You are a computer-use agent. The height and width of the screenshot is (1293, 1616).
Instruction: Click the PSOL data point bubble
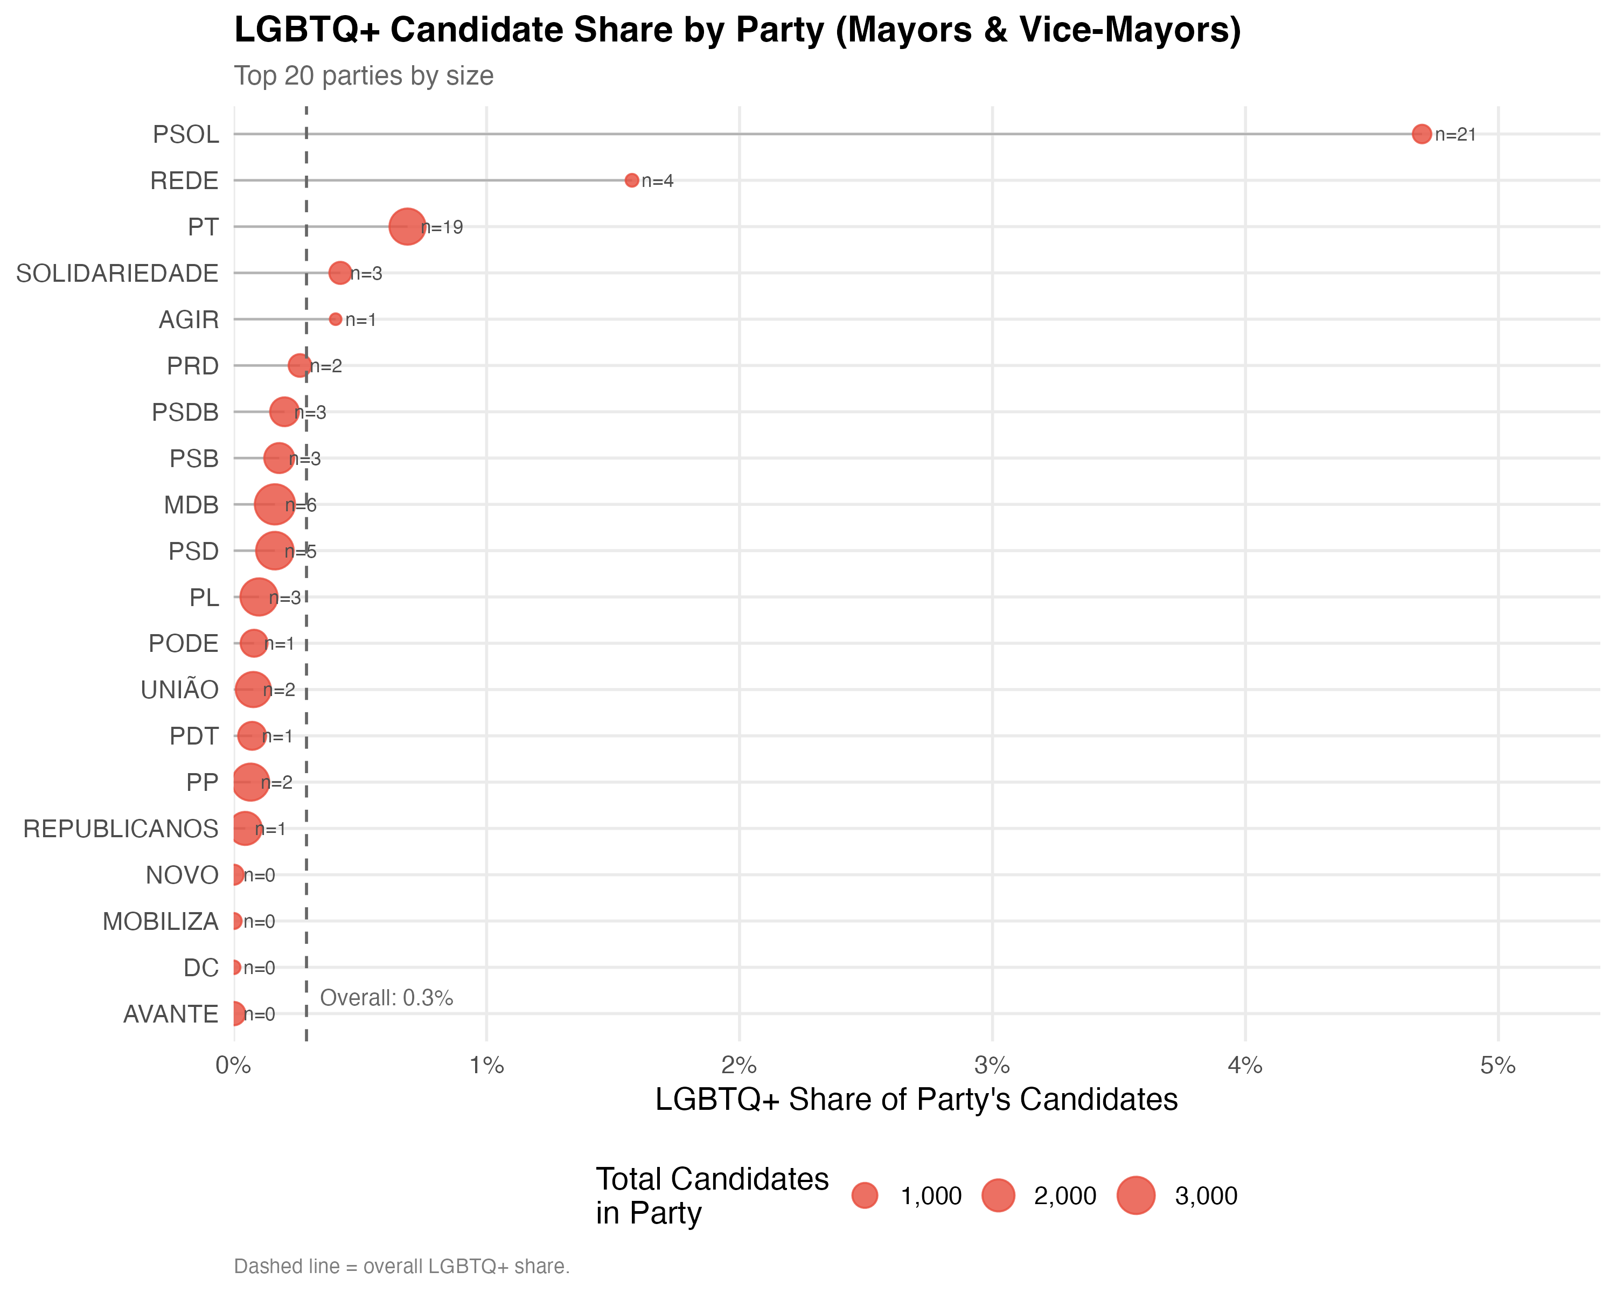coord(1421,134)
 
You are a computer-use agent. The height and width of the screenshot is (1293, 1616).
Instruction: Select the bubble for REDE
coord(631,180)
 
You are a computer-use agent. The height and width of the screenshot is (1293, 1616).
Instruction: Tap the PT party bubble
coord(407,226)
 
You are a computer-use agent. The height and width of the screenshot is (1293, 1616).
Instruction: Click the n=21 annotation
coord(1455,135)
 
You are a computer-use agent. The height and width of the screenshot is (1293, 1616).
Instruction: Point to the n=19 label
coord(442,227)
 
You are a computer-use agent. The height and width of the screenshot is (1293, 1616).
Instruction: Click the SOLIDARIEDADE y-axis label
coord(117,274)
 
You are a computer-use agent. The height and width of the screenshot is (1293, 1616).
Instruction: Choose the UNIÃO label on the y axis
coord(179,690)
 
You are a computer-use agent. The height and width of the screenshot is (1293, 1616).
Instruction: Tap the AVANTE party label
coord(171,1014)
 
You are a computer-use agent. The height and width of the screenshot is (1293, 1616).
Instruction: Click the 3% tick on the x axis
coord(992,1065)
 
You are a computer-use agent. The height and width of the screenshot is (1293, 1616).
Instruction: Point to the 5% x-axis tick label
coord(1497,1065)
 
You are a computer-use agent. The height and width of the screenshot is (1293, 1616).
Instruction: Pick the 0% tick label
coord(233,1065)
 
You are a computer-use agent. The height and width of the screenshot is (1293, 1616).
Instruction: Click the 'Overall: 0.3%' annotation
coord(386,998)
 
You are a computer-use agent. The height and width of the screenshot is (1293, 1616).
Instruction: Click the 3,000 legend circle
coord(1136,1195)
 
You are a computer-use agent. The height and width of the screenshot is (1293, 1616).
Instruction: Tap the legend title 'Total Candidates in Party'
coord(712,1195)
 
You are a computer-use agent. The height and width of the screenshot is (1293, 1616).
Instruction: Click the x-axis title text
coord(916,1100)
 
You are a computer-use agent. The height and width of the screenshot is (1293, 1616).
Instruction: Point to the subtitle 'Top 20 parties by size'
coord(364,76)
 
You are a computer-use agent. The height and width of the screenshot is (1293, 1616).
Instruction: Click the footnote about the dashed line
coord(402,1266)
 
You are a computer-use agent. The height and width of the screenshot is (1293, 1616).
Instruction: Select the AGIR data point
coord(335,319)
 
